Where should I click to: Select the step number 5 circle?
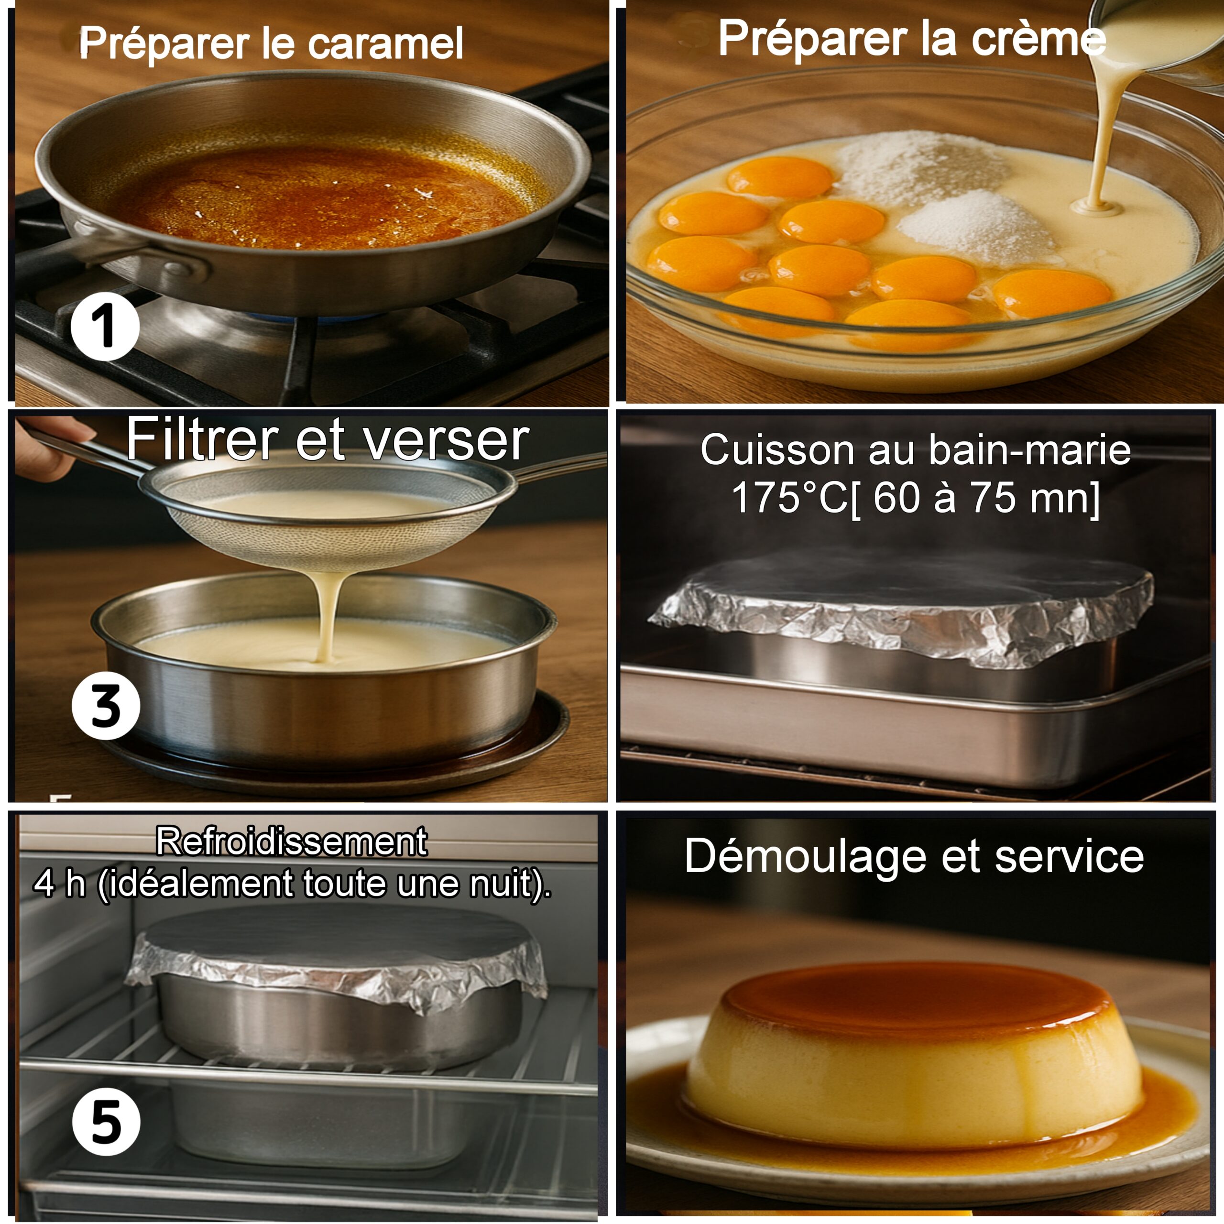tap(106, 1122)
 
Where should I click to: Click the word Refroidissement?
tap(292, 842)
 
